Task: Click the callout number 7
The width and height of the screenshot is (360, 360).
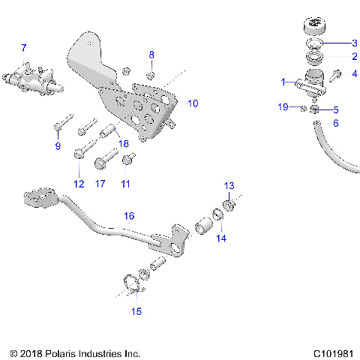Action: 23,48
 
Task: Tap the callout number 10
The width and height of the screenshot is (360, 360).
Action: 193,103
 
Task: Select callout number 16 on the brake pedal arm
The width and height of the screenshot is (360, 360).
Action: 129,215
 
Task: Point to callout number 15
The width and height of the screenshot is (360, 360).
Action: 136,310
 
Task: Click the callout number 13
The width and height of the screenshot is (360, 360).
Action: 229,184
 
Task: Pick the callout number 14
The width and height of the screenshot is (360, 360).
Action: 220,238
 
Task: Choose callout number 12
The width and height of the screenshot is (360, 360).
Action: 79,183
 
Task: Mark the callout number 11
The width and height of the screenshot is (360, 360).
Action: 125,183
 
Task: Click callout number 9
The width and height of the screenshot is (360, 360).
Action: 57,146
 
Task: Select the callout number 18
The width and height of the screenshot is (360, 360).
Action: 123,143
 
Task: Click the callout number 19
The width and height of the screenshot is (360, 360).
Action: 283,107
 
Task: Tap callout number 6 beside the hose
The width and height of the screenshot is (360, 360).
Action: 335,122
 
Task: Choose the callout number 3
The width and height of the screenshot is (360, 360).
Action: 355,43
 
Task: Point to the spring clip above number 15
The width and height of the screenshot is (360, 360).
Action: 133,283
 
